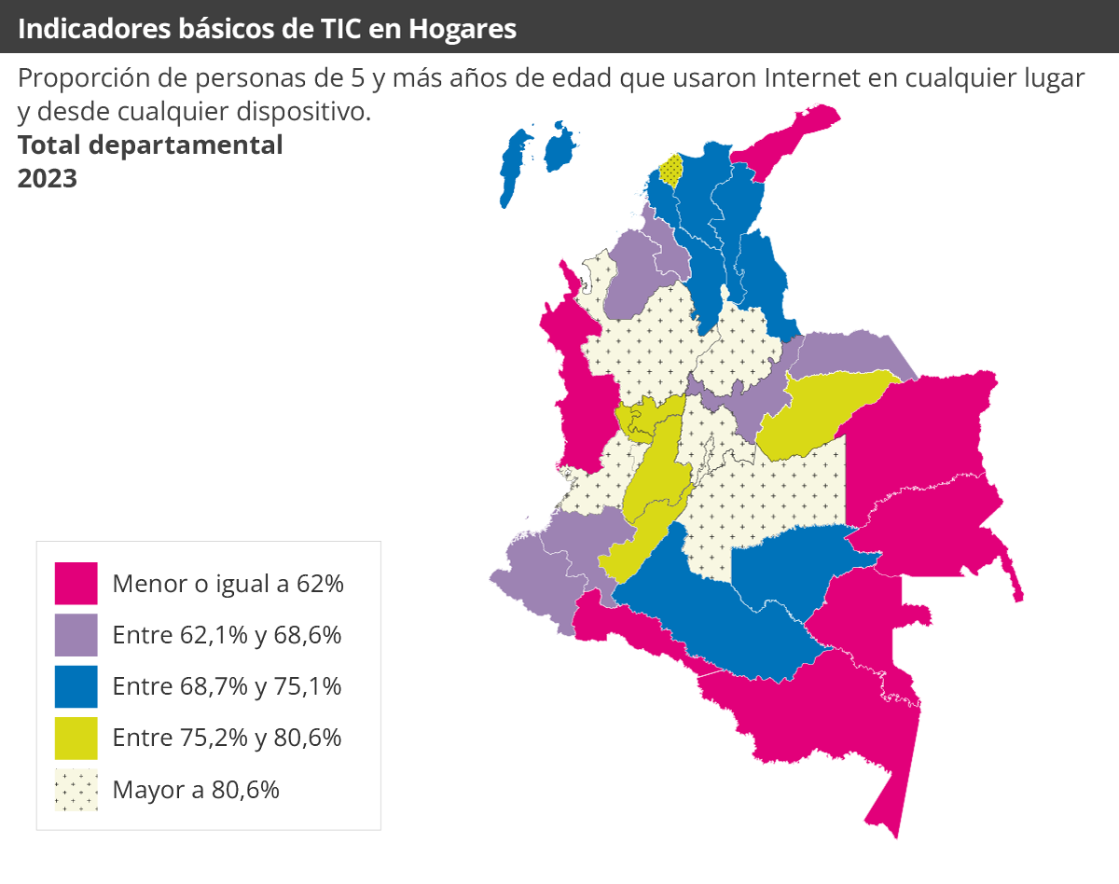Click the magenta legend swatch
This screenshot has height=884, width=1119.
click(x=76, y=584)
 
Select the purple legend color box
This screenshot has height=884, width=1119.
click(x=76, y=635)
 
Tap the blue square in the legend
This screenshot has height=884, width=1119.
click(x=76, y=686)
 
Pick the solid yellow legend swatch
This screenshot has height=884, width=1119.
click(x=76, y=738)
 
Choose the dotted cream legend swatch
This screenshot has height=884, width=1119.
click(x=76, y=790)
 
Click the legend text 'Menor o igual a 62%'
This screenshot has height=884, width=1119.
click(x=228, y=585)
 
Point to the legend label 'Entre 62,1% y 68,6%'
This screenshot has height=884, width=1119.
click(x=227, y=636)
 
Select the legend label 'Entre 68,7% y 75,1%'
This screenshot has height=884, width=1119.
click(x=227, y=687)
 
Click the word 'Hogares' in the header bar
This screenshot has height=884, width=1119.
click(x=463, y=29)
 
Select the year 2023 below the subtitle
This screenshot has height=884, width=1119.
click(x=47, y=178)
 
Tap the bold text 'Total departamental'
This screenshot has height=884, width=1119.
click(x=150, y=145)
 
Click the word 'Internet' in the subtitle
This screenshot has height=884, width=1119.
click(x=812, y=78)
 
